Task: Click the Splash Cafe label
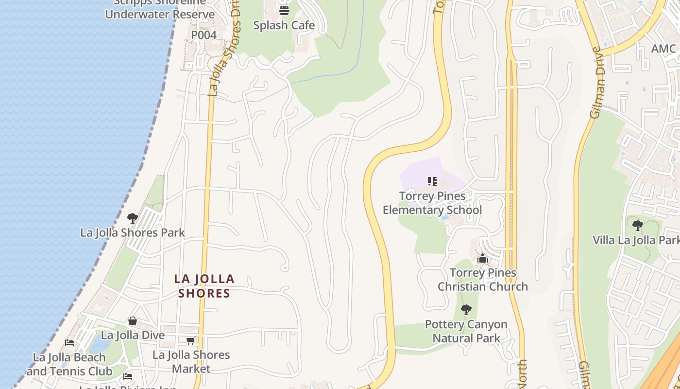tap(284, 25)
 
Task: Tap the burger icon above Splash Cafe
tap(284, 10)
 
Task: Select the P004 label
tap(204, 35)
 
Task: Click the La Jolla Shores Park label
tap(133, 232)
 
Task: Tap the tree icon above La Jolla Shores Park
tap(132, 218)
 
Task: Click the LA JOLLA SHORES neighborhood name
tap(204, 286)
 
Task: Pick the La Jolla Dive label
tap(133, 335)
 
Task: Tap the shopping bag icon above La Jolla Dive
tap(132, 321)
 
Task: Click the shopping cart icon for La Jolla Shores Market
tap(190, 340)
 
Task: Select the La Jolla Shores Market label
tap(191, 362)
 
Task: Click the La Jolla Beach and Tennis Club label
tap(69, 364)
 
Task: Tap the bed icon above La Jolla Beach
tap(69, 343)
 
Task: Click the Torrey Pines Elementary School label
tap(432, 203)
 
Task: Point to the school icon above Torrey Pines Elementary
tap(432, 181)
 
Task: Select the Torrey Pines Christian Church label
tap(483, 280)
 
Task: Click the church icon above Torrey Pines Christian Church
tap(482, 258)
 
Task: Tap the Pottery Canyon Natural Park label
tap(466, 331)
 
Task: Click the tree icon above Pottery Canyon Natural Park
tap(466, 309)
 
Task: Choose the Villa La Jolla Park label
tap(636, 240)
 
